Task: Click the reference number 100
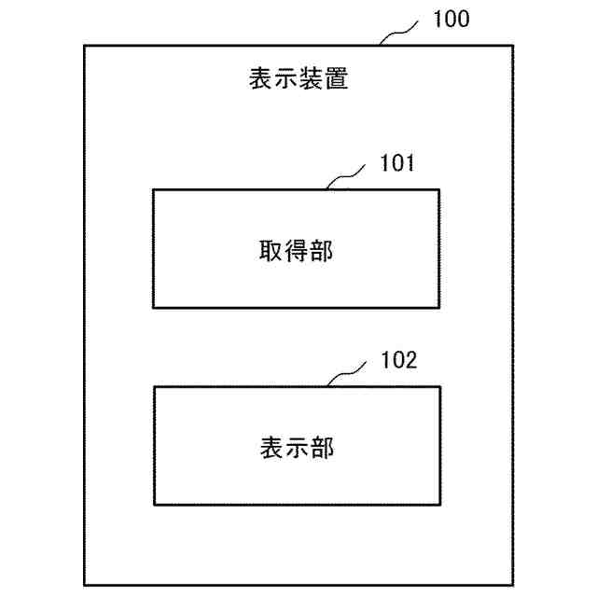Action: point(451,19)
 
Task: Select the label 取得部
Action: point(296,250)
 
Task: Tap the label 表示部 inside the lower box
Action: point(296,448)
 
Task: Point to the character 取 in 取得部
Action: point(271,250)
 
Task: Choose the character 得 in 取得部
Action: point(296,250)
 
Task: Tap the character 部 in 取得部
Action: point(321,250)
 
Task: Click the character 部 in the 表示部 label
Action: point(321,448)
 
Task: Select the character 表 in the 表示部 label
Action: point(271,448)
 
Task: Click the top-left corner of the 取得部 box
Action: point(154,189)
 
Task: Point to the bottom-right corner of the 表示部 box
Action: point(438,505)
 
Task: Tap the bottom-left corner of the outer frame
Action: point(85,585)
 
